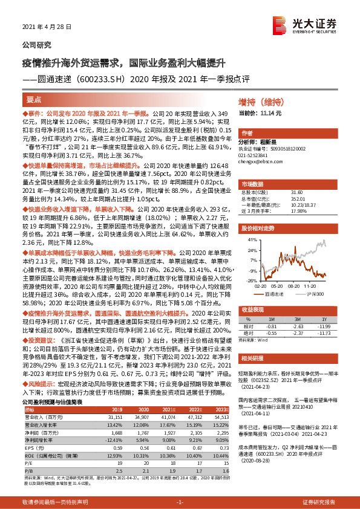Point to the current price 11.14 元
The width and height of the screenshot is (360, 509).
pos(261,114)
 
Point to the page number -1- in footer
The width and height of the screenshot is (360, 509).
pos(179,502)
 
